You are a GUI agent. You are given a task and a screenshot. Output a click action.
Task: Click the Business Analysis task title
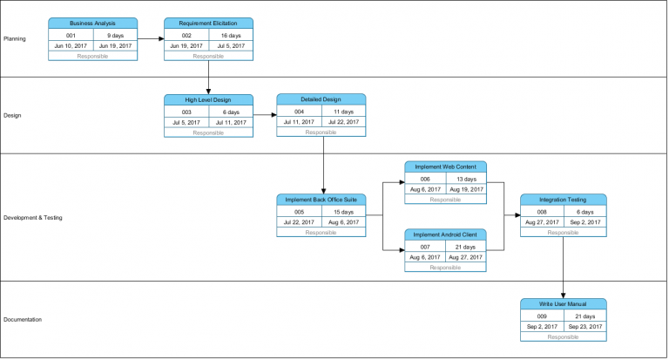coord(92,23)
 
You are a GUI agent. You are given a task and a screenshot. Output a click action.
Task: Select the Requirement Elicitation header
coord(208,23)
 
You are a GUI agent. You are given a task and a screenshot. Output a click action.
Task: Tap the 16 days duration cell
coord(231,35)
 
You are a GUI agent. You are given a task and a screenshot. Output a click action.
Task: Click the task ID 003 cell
coord(186,112)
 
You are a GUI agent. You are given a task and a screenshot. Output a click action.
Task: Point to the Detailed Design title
coord(321,99)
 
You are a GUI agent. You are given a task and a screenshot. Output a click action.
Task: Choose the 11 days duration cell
coord(343,112)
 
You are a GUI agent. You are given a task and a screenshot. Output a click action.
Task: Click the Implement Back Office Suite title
coord(321,200)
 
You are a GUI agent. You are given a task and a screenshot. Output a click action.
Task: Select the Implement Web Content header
coord(445,166)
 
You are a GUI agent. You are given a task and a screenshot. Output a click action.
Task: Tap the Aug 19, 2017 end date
coord(466,188)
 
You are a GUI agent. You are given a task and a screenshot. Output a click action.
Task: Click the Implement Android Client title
coord(445,234)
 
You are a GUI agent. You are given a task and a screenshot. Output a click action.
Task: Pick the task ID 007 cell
coord(425,247)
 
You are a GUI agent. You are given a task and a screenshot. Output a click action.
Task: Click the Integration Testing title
coord(564,200)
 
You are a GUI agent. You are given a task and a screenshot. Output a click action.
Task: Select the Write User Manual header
coord(564,304)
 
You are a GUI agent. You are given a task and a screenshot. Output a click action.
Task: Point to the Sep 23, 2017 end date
coord(585,326)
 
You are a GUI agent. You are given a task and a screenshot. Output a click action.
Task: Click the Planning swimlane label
coord(15,38)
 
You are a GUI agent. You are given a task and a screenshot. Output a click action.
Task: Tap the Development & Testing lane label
coord(33,218)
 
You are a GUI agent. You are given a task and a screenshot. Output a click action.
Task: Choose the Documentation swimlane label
coord(23,320)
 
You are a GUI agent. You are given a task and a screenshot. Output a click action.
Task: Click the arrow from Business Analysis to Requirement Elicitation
coord(150,38)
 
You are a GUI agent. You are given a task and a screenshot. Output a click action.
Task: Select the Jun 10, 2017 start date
coord(71,45)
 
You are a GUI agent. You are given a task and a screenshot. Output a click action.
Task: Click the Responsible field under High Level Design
coord(208,133)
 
